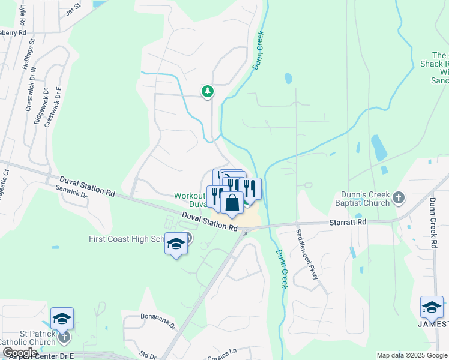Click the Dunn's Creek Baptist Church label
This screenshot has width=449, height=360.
(x=357, y=198)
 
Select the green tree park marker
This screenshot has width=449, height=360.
(x=208, y=91)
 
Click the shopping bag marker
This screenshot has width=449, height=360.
(x=232, y=203)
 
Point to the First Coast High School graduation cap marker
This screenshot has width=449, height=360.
(x=176, y=244)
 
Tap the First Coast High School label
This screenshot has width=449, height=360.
(x=127, y=239)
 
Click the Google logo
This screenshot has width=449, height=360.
(x=20, y=353)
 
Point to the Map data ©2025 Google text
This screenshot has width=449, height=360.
(x=412, y=355)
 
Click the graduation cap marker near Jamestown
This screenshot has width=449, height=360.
(x=432, y=307)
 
